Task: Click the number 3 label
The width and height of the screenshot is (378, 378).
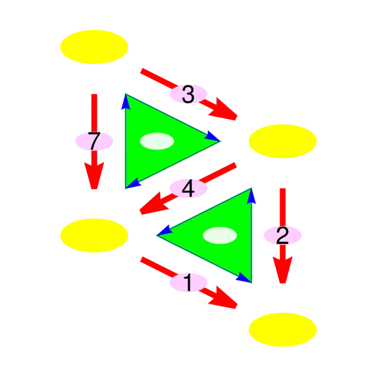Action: click(x=188, y=94)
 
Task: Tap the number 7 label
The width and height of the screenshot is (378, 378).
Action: click(x=94, y=141)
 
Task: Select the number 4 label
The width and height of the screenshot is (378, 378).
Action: click(x=188, y=189)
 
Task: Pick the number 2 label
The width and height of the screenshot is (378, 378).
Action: click(x=282, y=235)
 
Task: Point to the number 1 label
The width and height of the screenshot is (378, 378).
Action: click(x=188, y=282)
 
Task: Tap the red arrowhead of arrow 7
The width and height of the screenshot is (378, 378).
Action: click(x=94, y=175)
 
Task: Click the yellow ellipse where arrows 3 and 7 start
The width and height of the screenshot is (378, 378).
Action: click(x=94, y=47)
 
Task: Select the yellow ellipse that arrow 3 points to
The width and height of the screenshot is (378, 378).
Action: click(x=282, y=141)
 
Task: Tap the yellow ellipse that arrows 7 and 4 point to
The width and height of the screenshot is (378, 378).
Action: click(x=94, y=235)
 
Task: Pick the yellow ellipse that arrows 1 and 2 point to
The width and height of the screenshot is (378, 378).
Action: click(x=282, y=329)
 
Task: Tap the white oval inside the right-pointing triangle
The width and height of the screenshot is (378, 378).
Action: click(x=157, y=141)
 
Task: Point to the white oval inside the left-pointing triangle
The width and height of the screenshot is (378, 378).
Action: click(x=220, y=235)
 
